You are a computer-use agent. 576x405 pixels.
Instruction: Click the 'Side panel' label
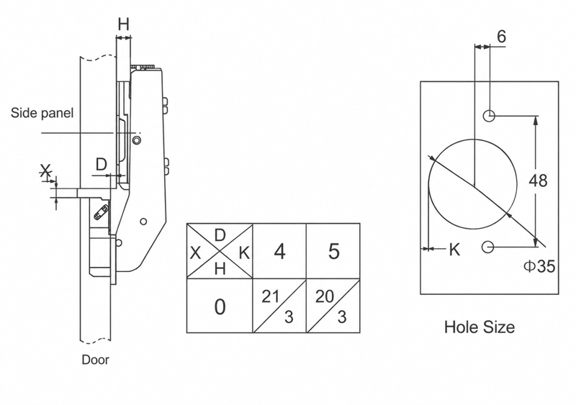coord(42,113)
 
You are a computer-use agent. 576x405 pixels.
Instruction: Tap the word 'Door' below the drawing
coord(96,360)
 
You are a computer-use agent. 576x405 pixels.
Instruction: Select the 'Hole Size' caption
coord(480,327)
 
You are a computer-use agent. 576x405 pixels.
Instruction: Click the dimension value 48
coord(538,181)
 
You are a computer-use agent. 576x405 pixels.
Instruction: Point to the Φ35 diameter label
coord(539,267)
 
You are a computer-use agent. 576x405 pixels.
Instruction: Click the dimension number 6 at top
coord(501,37)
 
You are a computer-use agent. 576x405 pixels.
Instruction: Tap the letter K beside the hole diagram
coord(454,250)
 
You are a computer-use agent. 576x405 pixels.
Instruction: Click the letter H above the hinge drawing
coord(124,24)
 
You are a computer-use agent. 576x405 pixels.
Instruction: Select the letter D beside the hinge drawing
coord(101,164)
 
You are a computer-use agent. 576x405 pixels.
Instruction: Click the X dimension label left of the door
coord(45,171)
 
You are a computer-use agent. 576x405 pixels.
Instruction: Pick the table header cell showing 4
coord(280,252)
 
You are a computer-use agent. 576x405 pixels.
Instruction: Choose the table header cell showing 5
coord(333,252)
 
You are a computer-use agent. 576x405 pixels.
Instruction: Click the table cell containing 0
coord(220,306)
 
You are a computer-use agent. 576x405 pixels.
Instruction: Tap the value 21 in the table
coord(271,296)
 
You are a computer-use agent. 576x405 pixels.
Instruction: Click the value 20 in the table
coord(325,296)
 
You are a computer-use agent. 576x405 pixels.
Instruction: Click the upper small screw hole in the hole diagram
coord(489,116)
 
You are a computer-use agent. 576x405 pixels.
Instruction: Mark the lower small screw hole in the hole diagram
coord(487,247)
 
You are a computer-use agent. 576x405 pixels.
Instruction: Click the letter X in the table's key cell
coord(195,252)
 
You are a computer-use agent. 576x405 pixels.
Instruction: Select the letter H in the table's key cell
coord(220,270)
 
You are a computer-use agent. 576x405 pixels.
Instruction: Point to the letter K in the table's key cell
coord(244,252)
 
